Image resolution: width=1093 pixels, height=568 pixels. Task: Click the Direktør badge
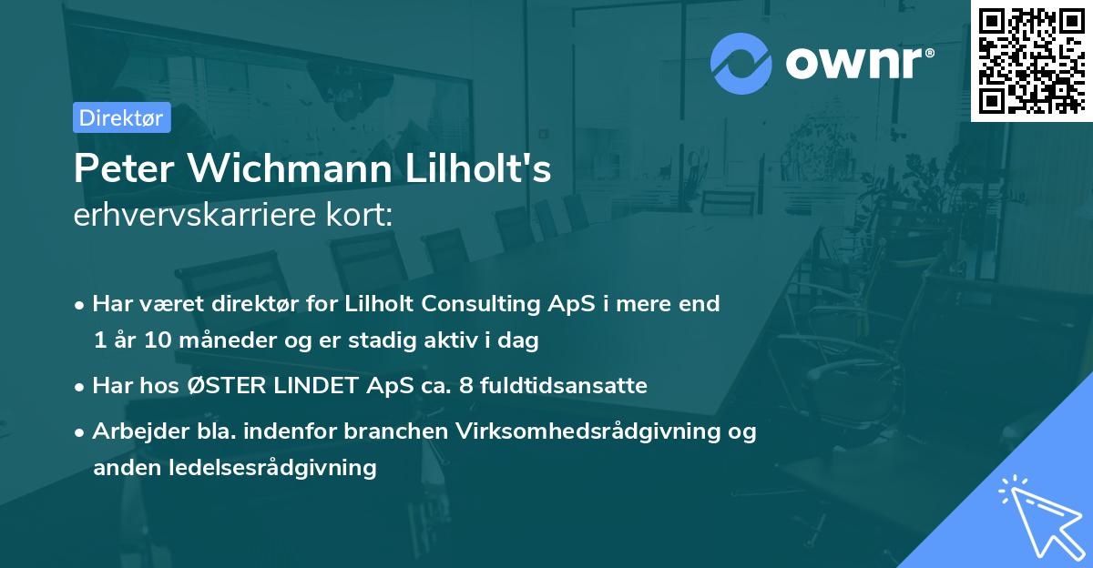pyautogui.click(x=121, y=117)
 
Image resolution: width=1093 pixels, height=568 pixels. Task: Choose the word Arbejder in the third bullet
pyautogui.click(x=133, y=431)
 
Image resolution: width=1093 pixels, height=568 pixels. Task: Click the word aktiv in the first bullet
pyautogui.click(x=465, y=341)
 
